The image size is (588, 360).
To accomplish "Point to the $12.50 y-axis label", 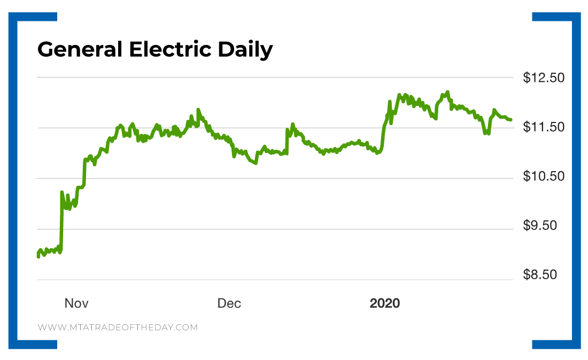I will pos(543,78).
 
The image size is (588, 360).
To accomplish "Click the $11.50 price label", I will pos(543,127).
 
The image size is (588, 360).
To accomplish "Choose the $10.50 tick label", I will pos(543,177).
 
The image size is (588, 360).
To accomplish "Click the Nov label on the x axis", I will pos(76,304).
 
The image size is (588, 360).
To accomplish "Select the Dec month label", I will pos(229,304).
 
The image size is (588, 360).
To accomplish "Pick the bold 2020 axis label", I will pos(384,304).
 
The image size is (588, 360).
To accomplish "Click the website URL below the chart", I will pos(118,327).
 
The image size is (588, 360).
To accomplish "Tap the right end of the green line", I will pos(511,120).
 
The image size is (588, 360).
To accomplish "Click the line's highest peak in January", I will pos(447,92).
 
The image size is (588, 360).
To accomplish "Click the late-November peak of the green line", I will pos(198,110).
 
